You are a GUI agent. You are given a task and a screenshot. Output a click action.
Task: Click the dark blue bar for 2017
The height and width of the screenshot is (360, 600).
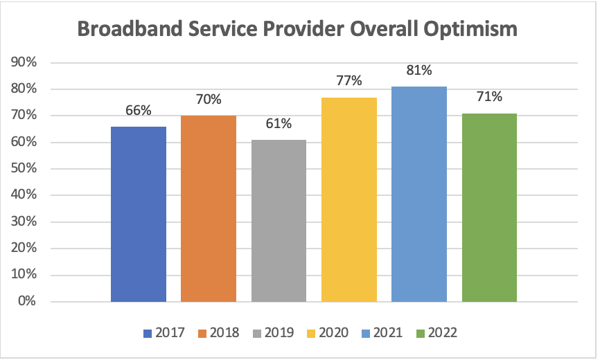point(139,214)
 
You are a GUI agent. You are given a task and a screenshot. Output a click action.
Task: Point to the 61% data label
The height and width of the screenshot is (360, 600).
point(279,124)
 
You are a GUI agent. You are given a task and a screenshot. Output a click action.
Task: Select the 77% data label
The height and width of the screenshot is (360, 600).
point(349,81)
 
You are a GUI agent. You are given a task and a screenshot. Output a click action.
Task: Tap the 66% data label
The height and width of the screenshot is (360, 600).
point(139,111)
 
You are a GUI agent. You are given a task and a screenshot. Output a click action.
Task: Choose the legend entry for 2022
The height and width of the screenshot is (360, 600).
point(437,333)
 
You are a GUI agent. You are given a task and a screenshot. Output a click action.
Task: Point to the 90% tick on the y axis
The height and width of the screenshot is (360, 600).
point(25,63)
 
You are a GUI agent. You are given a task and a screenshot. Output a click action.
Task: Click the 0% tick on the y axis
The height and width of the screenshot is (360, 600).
point(28,301)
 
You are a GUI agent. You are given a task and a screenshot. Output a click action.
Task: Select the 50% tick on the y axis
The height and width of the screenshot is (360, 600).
point(25,169)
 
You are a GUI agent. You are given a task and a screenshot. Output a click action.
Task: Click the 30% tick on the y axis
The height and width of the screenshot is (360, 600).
point(25,222)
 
